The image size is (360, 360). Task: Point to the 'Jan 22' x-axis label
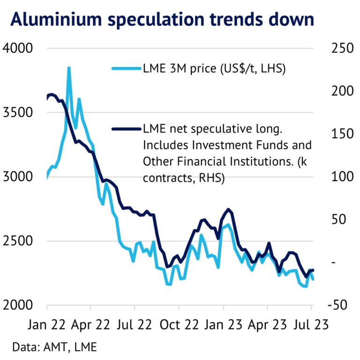(x=48, y=324)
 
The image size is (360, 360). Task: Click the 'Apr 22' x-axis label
(x=91, y=324)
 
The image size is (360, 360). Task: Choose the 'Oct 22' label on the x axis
(x=179, y=324)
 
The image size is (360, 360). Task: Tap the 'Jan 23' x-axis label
(x=223, y=324)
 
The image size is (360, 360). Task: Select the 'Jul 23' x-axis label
(x=311, y=324)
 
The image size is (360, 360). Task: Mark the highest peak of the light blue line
(x=69, y=68)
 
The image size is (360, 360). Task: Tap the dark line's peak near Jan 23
(x=228, y=209)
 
